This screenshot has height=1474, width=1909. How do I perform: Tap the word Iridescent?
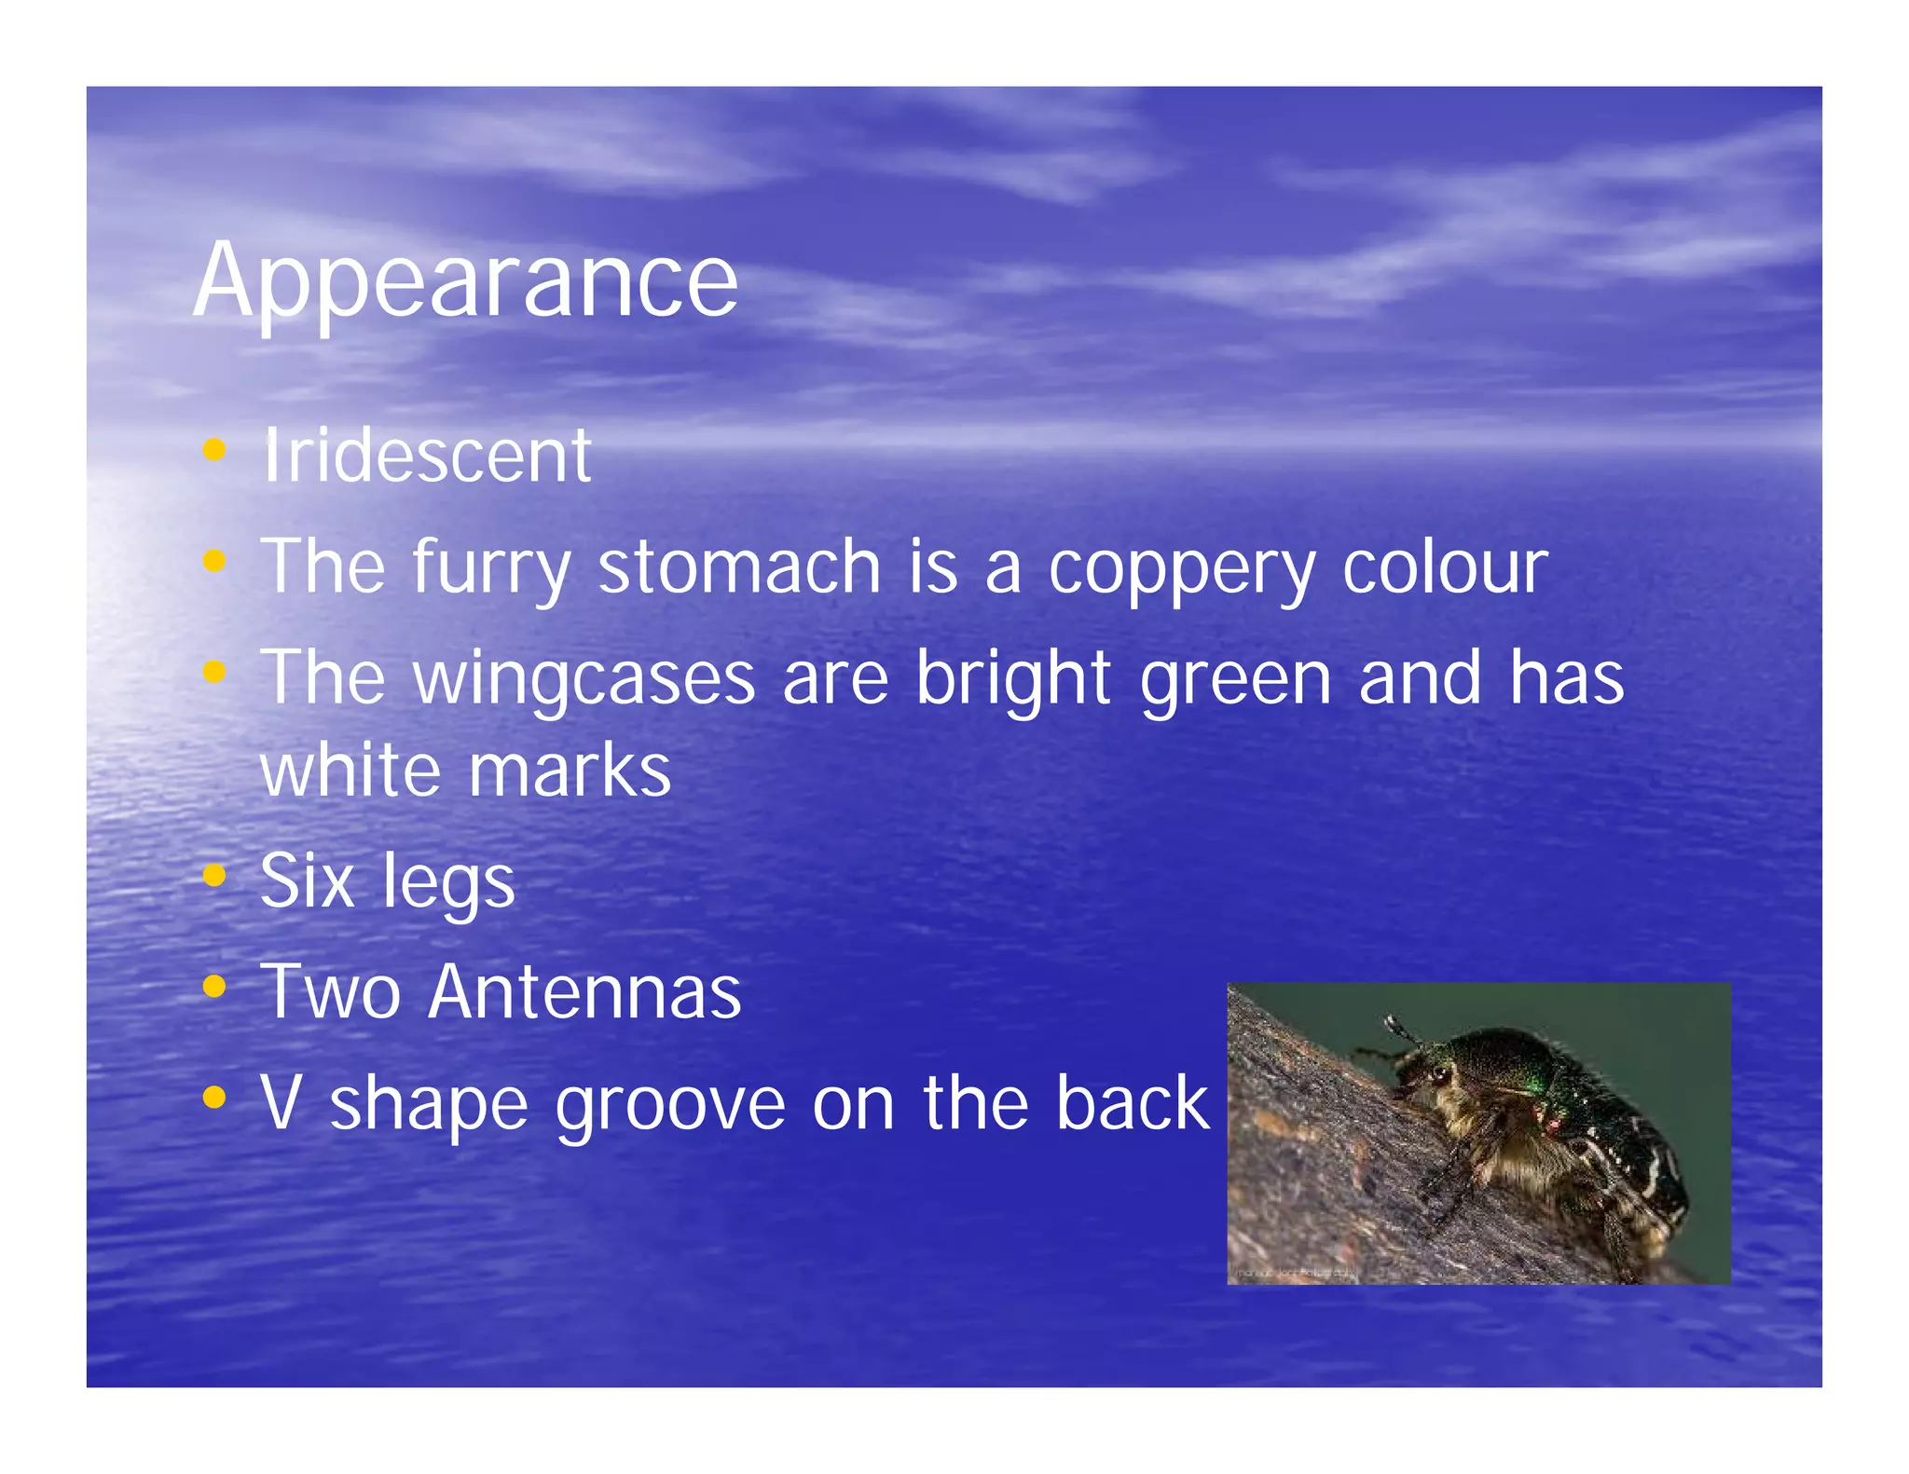[426, 456]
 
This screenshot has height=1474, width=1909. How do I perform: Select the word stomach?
[738, 566]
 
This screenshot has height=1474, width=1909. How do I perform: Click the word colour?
[1444, 566]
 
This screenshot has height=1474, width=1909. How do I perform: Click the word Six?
[308, 880]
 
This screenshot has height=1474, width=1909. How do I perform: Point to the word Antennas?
[584, 991]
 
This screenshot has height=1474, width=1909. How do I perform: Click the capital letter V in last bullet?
[280, 1102]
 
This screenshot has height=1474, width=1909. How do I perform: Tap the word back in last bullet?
[1132, 1102]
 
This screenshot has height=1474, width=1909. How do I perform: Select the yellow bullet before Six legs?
[214, 875]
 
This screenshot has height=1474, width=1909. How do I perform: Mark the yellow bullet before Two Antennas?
[214, 986]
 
